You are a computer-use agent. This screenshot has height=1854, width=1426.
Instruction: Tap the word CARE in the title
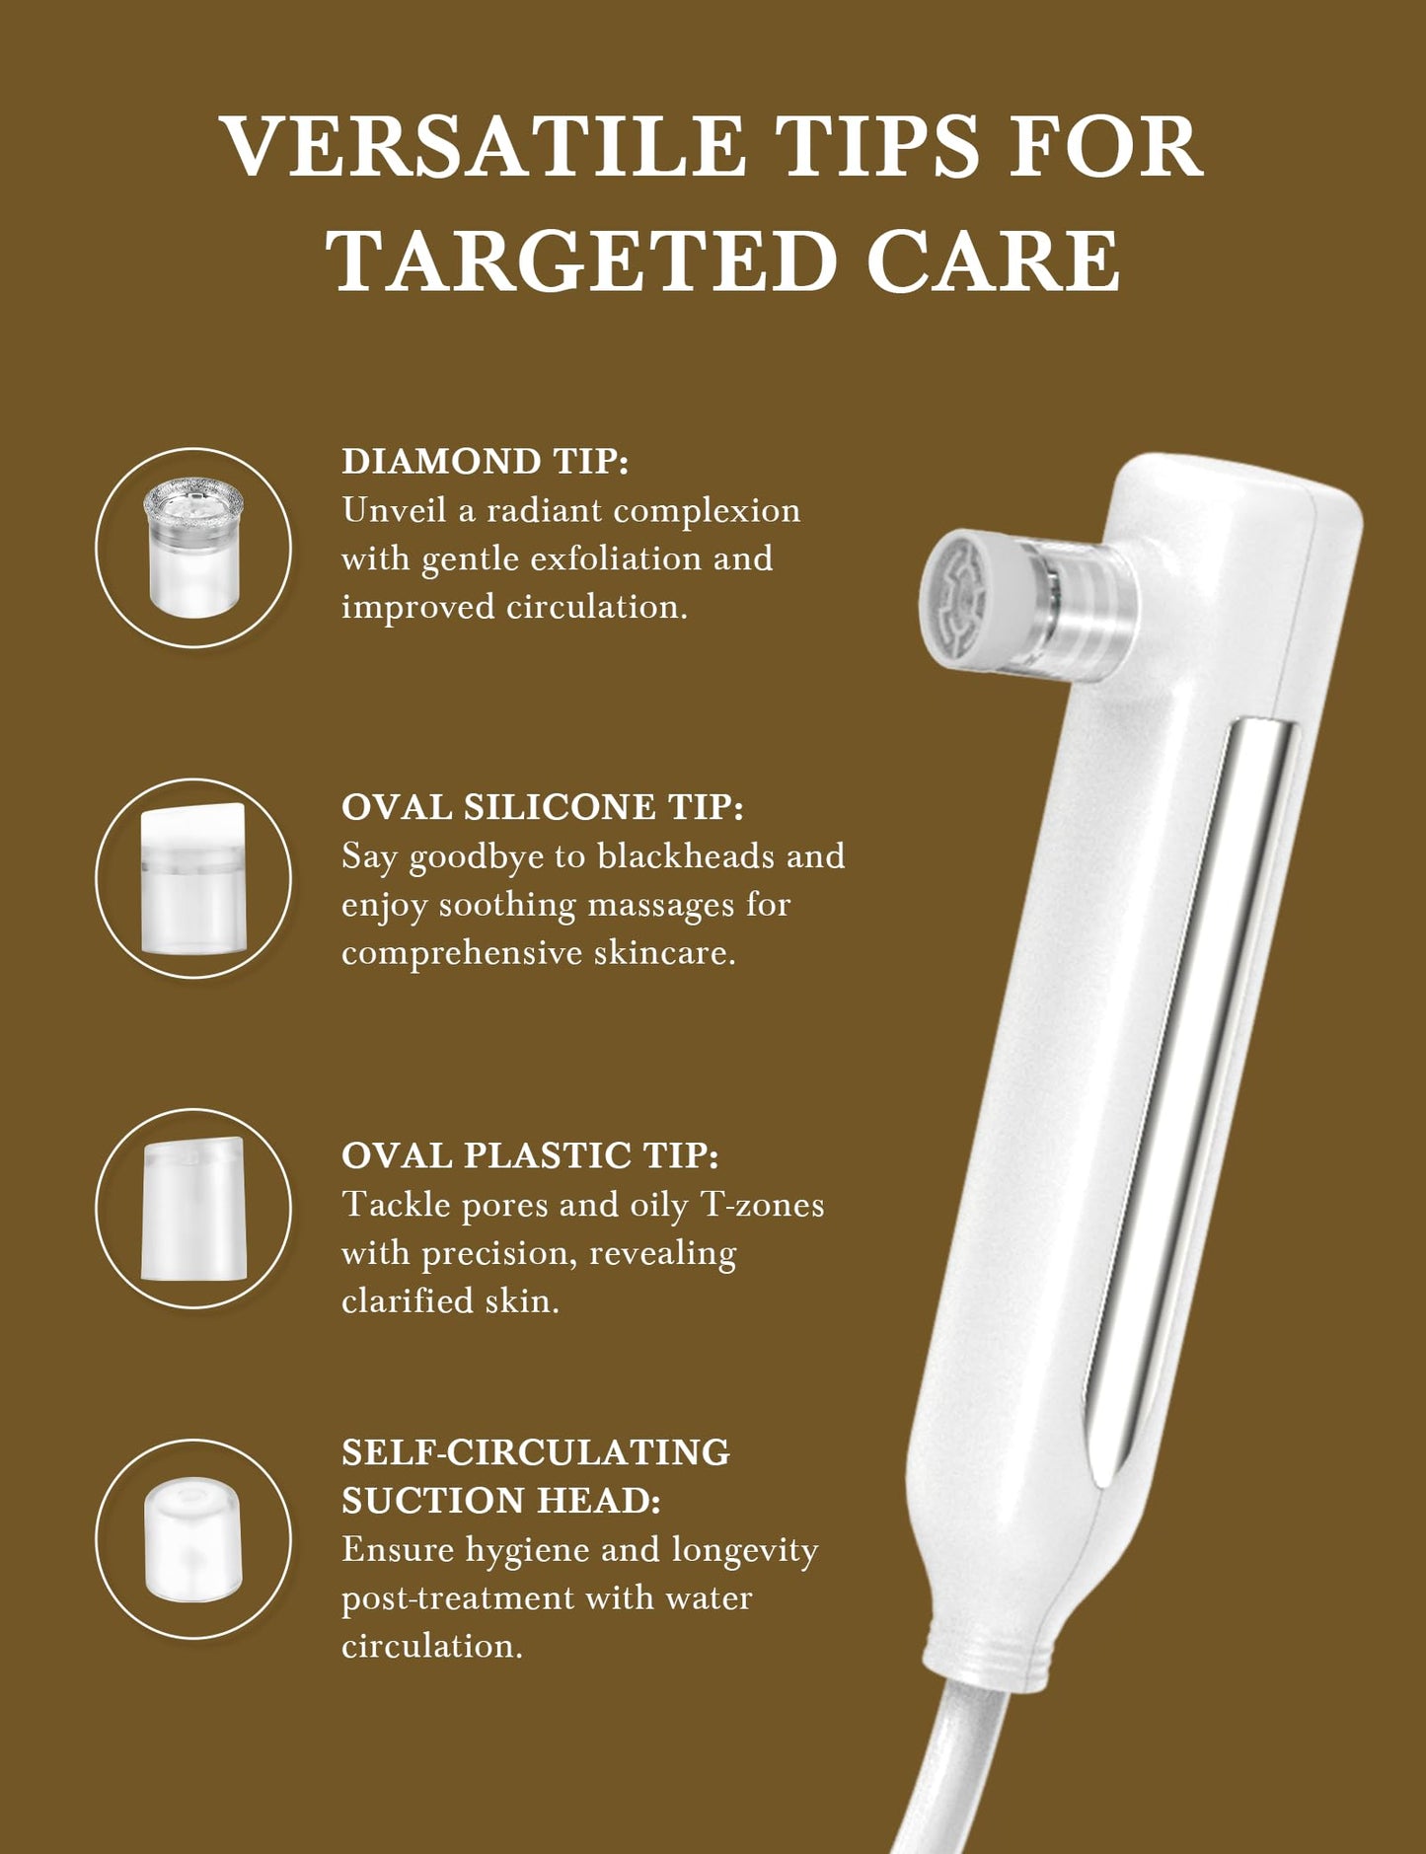994,260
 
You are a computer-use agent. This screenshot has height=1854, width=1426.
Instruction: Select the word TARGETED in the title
582,260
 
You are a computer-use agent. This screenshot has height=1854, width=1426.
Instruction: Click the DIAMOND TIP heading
485,461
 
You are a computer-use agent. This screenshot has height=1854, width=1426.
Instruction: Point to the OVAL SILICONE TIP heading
542,807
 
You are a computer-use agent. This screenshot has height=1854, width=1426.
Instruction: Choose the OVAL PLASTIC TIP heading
530,1155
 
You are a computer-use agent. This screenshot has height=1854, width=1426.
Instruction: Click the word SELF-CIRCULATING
536,1452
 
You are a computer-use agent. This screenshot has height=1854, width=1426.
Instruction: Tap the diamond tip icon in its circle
193,548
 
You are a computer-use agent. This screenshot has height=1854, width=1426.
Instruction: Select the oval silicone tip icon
193,878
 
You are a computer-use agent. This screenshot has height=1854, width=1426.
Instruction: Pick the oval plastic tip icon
193,1209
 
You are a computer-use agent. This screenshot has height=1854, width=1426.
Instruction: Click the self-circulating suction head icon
193,1539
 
